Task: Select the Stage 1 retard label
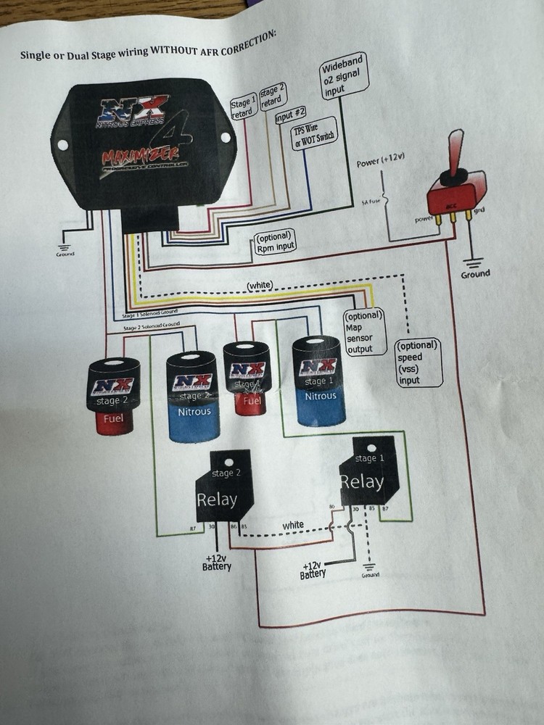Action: (x=243, y=109)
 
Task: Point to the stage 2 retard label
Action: (x=271, y=98)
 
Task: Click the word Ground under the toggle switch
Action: (x=475, y=273)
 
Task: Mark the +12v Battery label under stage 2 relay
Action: (x=217, y=562)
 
